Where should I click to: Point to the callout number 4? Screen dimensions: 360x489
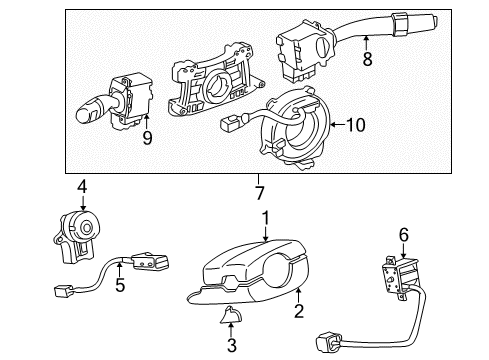click(83, 185)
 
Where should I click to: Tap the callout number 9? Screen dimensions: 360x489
click(147, 138)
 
